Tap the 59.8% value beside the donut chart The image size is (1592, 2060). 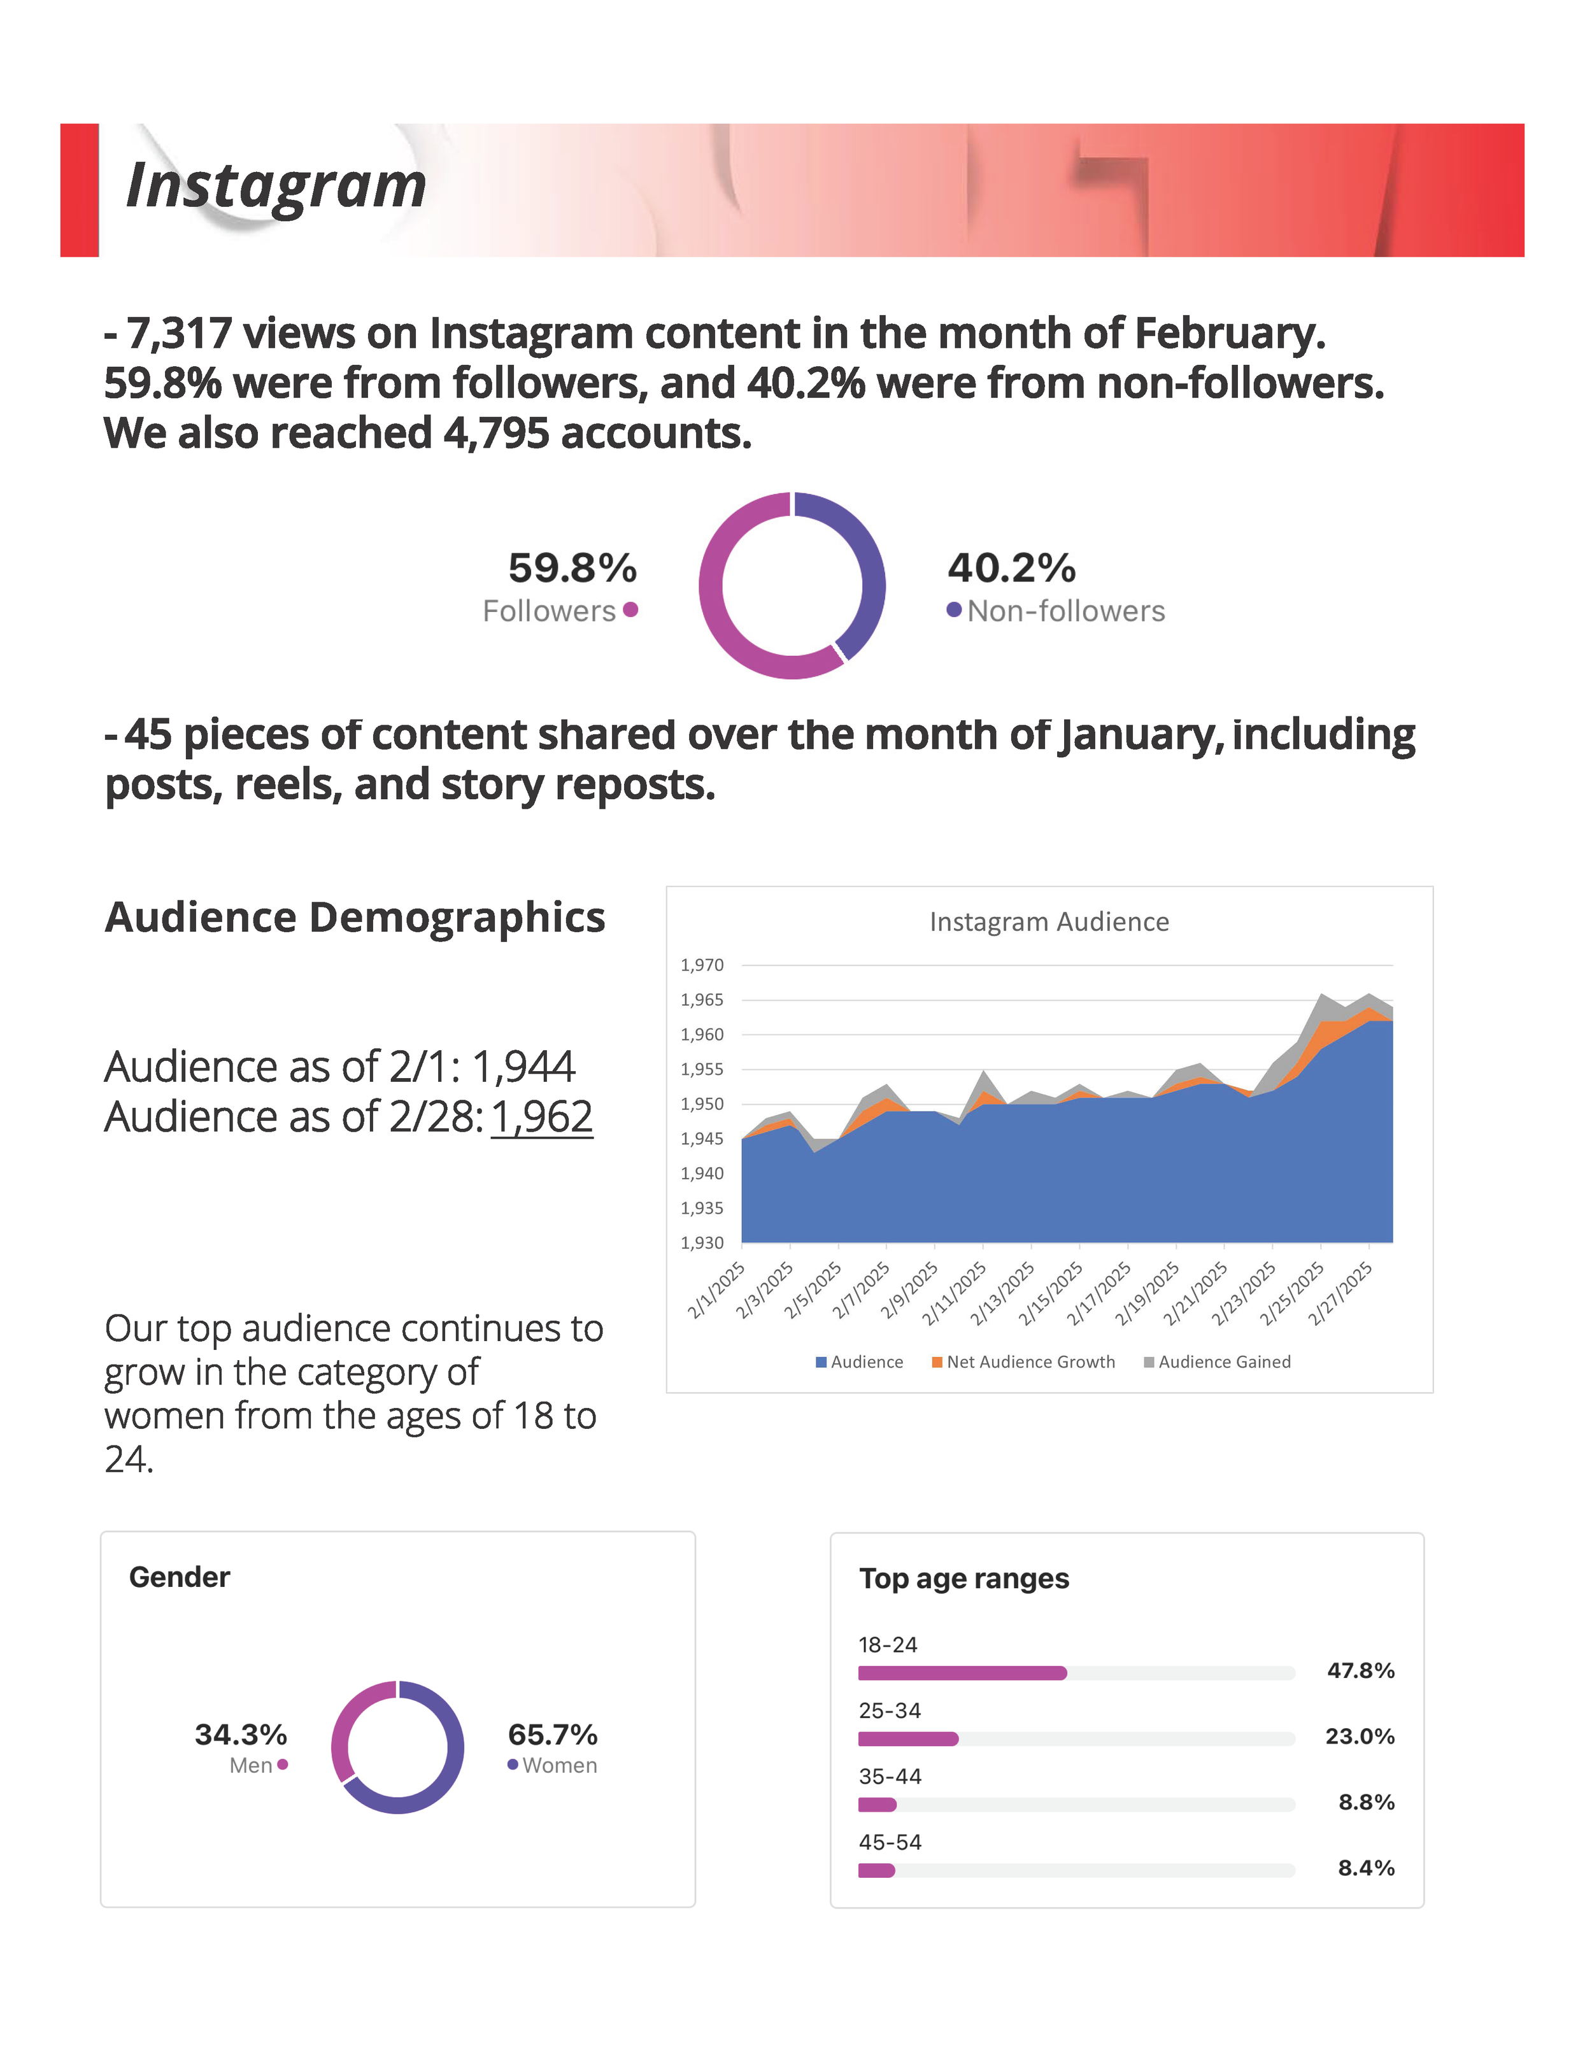[x=572, y=568]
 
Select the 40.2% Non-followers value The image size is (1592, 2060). [x=1011, y=568]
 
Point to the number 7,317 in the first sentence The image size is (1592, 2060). [x=179, y=334]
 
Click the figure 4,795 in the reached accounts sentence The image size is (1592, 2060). [x=496, y=434]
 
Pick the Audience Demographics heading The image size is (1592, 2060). [x=355, y=917]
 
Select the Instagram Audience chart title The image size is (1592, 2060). [x=1049, y=921]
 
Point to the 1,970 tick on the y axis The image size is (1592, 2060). [x=702, y=965]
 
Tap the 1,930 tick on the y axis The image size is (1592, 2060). [x=702, y=1243]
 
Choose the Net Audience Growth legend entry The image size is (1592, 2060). [x=1023, y=1362]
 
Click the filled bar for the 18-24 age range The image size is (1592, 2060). [x=962, y=1673]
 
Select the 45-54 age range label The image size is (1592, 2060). [x=890, y=1842]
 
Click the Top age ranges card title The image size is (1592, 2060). [x=964, y=1579]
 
